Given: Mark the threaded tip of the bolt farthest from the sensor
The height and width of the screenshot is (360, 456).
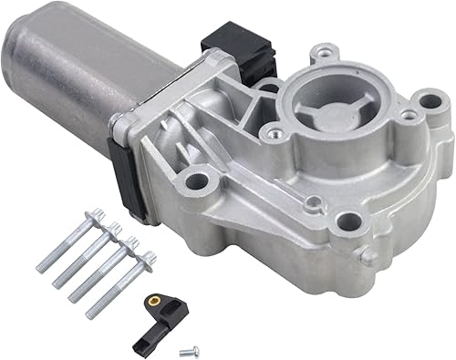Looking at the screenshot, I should tap(42, 268).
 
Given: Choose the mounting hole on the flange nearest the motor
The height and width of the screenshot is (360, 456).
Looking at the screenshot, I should tap(194, 181).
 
